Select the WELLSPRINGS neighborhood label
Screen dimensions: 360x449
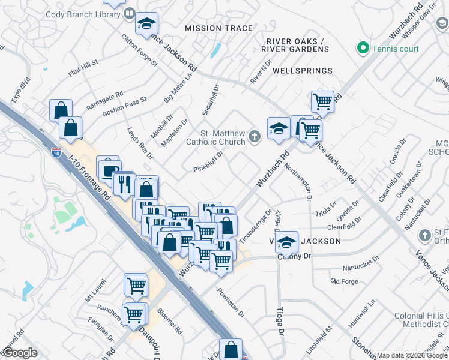302,71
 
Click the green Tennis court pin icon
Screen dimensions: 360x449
363,48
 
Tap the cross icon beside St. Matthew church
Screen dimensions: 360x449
255,137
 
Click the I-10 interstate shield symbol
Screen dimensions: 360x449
56,152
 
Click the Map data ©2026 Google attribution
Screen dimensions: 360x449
412,355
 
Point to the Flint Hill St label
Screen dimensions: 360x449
83,66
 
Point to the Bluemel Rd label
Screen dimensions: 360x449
170,320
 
